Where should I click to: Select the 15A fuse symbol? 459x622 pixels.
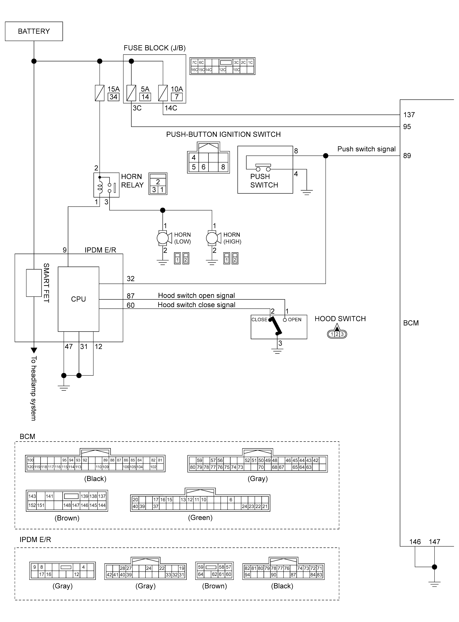[x=99, y=93]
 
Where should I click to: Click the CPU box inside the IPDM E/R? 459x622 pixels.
[x=78, y=299]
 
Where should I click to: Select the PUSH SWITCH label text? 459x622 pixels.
[x=264, y=181]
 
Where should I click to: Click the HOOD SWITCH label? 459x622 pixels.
[x=340, y=319]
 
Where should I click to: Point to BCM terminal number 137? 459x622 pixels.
[x=409, y=115]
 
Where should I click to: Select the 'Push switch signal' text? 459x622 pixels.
[x=366, y=149]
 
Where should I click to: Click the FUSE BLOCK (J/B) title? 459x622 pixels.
[x=155, y=48]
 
